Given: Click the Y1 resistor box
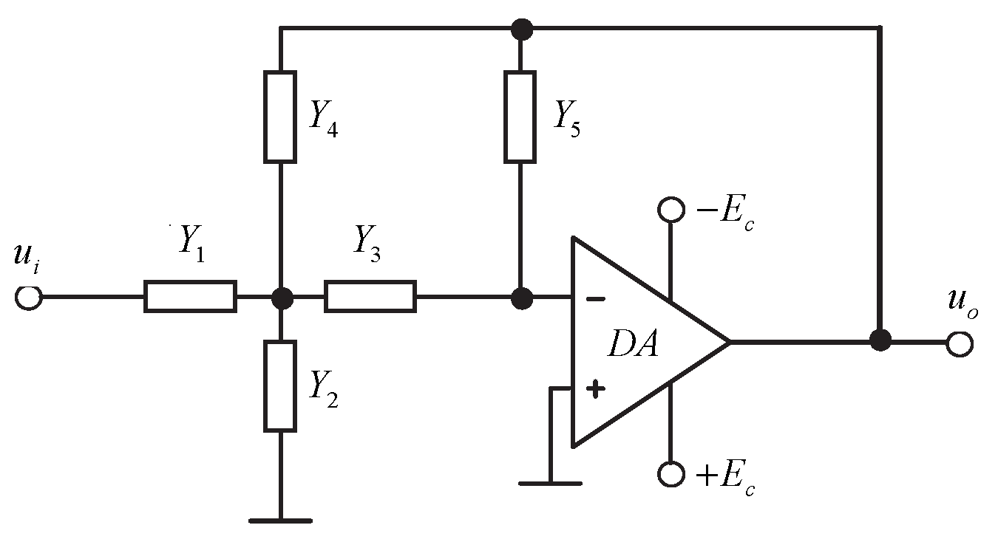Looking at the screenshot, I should (x=190, y=296).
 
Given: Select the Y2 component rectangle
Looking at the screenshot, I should (x=280, y=385).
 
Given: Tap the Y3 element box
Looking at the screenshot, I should (x=370, y=296).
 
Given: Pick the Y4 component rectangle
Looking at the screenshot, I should (x=280, y=117).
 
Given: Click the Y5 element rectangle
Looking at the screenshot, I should (x=520, y=117).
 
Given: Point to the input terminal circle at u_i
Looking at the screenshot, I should (x=28, y=297).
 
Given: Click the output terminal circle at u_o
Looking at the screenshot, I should (x=960, y=343).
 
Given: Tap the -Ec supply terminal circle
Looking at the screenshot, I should (x=671, y=209).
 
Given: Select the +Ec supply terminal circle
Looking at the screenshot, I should (x=671, y=473).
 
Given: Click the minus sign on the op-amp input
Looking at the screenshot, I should (x=595, y=299).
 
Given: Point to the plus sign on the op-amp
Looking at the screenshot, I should (x=595, y=389).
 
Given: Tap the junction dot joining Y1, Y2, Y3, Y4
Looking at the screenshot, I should (x=282, y=298).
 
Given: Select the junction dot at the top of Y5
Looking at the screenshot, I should (x=522, y=29).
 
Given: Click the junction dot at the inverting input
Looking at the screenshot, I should (x=522, y=298).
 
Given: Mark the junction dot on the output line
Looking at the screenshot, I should (x=880, y=340).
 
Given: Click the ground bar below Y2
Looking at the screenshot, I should (x=280, y=521).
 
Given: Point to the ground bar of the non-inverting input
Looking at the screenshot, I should (x=550, y=483).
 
